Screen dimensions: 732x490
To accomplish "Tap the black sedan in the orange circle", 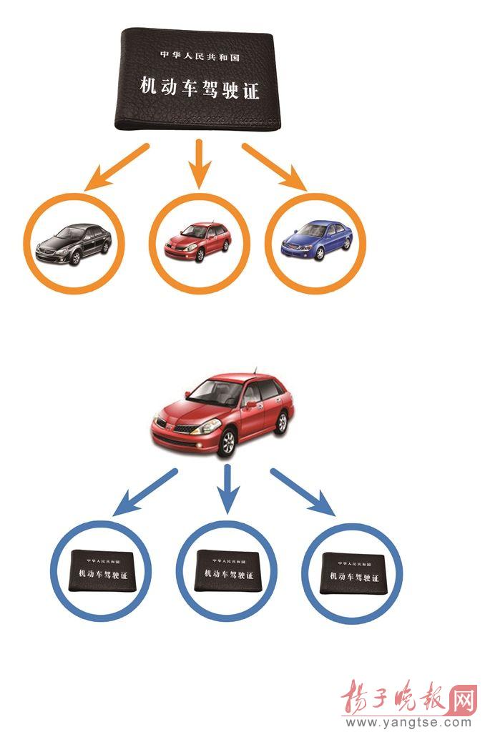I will pyautogui.click(x=74, y=244).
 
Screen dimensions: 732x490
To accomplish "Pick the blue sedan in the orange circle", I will pyautogui.click(x=315, y=240).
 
